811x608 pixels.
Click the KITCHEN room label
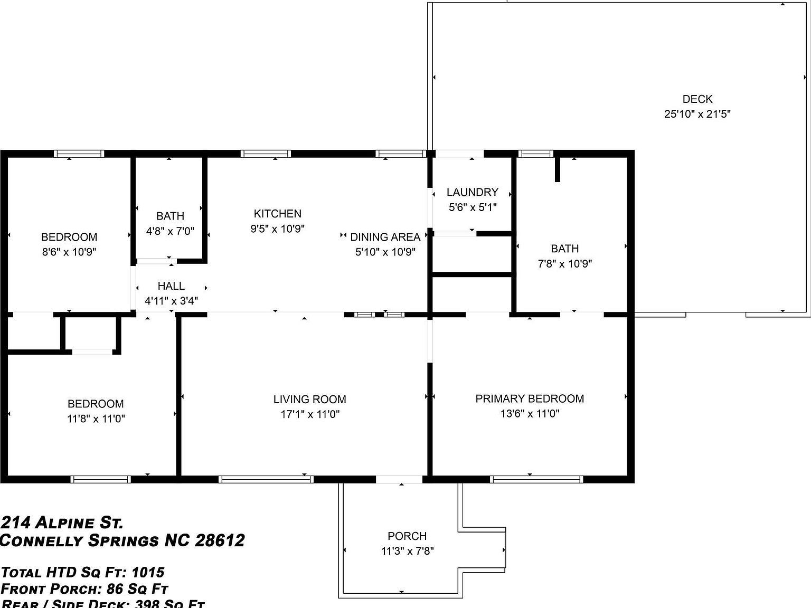277,214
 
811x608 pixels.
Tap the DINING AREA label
385,237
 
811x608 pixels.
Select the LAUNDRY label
472,192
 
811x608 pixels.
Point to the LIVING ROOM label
309,400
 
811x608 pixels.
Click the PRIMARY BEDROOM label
530,398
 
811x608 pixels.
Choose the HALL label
171,286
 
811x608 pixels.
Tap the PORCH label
407,536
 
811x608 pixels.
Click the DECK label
697,99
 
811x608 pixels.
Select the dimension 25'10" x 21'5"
697,114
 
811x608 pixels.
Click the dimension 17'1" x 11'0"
309,414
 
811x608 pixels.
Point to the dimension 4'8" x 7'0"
170,231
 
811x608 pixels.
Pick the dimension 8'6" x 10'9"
69,252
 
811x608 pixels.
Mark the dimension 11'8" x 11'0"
96,419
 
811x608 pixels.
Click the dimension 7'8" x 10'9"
564,263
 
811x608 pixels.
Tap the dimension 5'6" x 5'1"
472,207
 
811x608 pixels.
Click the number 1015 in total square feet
148,572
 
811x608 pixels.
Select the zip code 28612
220,541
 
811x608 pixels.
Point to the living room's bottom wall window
266,479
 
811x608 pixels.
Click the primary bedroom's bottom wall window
536,479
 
